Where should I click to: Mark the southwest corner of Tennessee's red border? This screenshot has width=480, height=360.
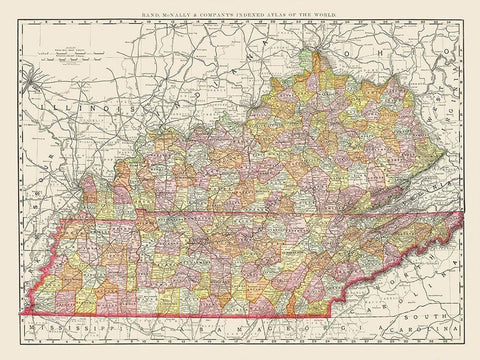(x=22, y=313)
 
